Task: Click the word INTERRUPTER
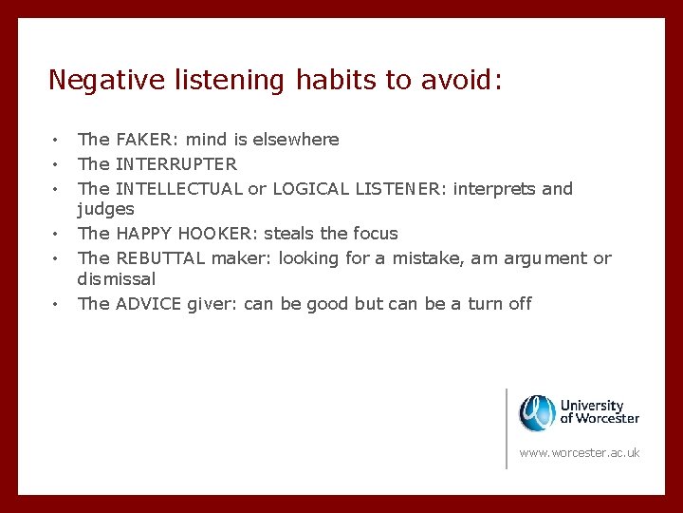click(176, 163)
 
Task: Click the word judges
click(106, 209)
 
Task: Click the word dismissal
click(117, 279)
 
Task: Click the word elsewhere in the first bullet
click(295, 140)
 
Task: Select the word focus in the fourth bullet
click(375, 233)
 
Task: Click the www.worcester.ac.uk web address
click(580, 452)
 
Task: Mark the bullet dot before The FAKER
click(57, 140)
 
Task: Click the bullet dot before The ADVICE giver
click(57, 304)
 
